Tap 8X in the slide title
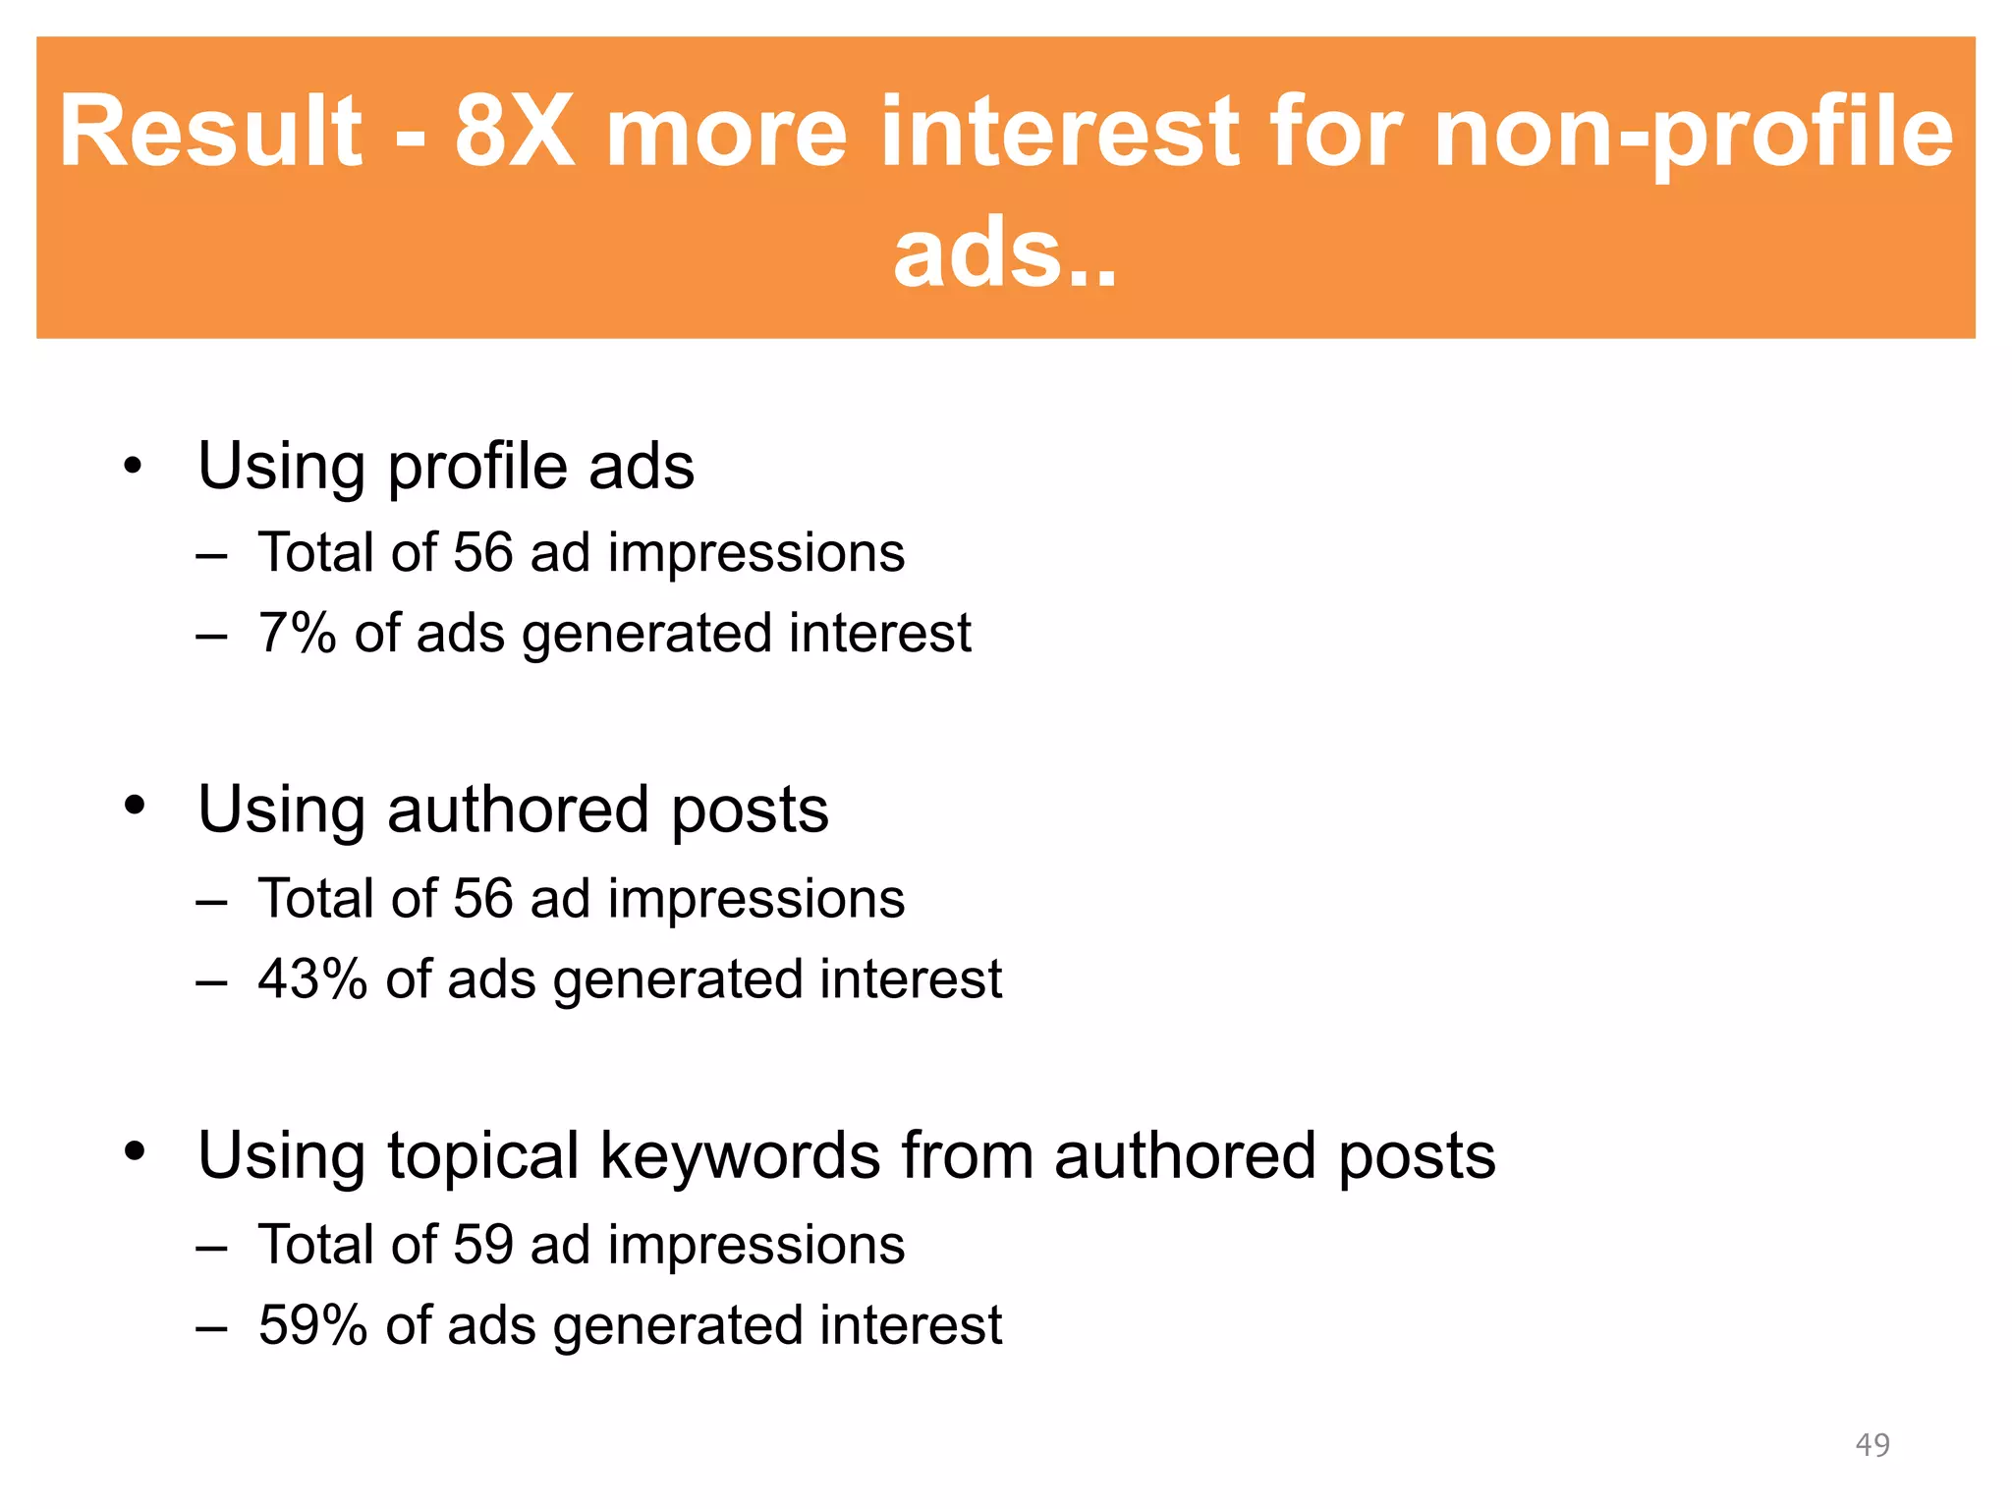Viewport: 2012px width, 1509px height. [x=514, y=132]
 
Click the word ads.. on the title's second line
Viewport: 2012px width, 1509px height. [x=1004, y=253]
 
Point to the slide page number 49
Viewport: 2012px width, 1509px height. [x=1872, y=1444]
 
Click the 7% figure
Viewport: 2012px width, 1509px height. [x=297, y=633]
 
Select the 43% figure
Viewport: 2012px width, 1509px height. [x=311, y=979]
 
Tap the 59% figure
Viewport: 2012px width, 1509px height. [x=311, y=1325]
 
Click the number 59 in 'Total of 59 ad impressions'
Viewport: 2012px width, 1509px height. [x=483, y=1245]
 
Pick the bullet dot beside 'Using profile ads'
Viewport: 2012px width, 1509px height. [x=134, y=465]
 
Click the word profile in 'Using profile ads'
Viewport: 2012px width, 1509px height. [x=476, y=468]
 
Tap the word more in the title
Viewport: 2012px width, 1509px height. [x=726, y=132]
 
